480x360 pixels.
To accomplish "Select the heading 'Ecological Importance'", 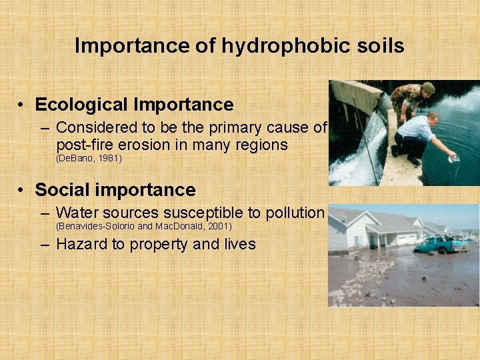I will (134, 105).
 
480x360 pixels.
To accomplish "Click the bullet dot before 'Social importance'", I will (22, 190).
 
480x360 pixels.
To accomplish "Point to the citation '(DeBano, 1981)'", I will (89, 158).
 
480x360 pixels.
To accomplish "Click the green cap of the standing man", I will (428, 87).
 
